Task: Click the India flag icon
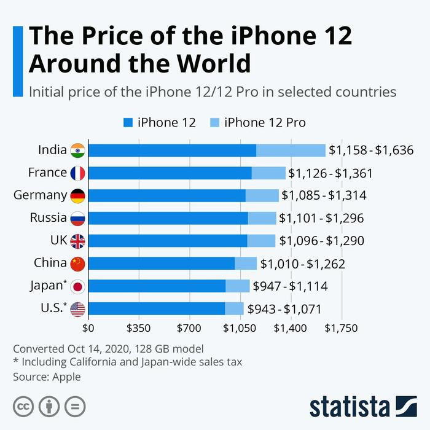(78, 150)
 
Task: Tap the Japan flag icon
(78, 286)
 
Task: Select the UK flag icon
(78, 241)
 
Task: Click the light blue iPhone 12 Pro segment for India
(291, 150)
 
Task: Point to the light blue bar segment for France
(268, 173)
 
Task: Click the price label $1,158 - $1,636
(370, 150)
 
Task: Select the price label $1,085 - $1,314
(324, 196)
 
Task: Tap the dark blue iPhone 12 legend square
(128, 122)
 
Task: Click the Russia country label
(48, 217)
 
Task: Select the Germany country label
(40, 195)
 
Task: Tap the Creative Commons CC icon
(23, 406)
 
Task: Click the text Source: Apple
(47, 377)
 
